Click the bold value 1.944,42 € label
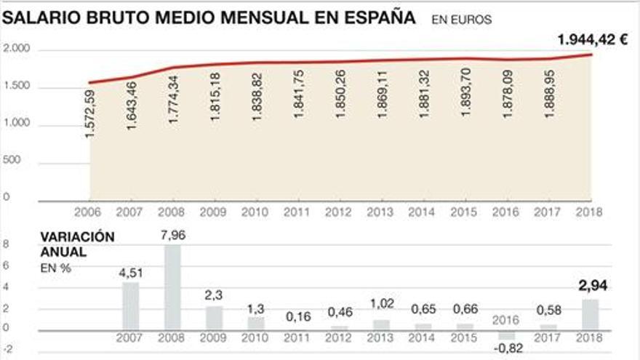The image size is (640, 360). click(x=592, y=40)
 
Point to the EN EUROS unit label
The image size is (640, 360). click(x=461, y=20)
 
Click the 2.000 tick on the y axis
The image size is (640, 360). click(x=16, y=49)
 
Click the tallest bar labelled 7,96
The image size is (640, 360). click(x=173, y=287)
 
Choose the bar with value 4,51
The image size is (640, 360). click(x=131, y=305)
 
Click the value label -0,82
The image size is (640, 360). click(x=508, y=348)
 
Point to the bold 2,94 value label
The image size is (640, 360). click(x=592, y=285)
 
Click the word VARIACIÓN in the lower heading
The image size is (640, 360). click(x=77, y=237)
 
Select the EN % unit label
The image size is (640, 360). click(x=55, y=268)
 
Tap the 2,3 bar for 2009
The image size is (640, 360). click(x=215, y=317)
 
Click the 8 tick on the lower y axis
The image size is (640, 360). click(x=7, y=246)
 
